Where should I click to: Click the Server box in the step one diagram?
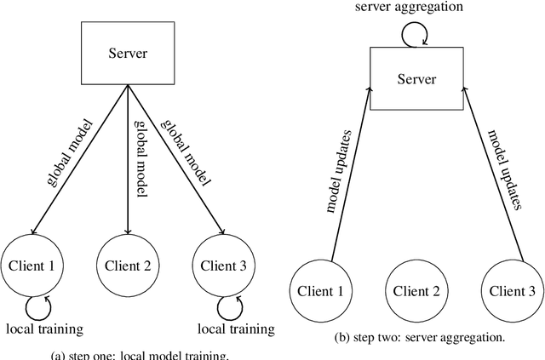(127, 53)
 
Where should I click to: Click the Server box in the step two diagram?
(417, 79)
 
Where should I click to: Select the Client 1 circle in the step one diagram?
(32, 265)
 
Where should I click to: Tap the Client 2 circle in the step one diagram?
(127, 265)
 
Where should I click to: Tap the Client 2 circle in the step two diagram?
(417, 291)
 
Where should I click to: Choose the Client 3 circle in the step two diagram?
(513, 291)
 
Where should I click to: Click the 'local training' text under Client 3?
(236, 329)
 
